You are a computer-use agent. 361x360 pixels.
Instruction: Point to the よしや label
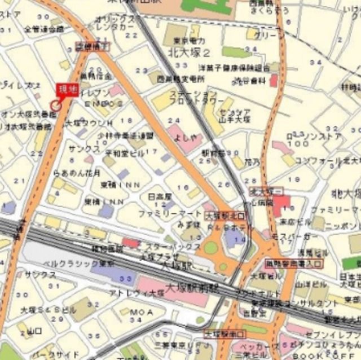tap(185, 136)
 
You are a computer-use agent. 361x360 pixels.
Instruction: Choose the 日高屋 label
tap(159, 196)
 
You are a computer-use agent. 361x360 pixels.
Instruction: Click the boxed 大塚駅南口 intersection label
tap(222, 333)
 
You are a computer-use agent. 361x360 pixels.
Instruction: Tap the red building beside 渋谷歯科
tap(274, 81)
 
